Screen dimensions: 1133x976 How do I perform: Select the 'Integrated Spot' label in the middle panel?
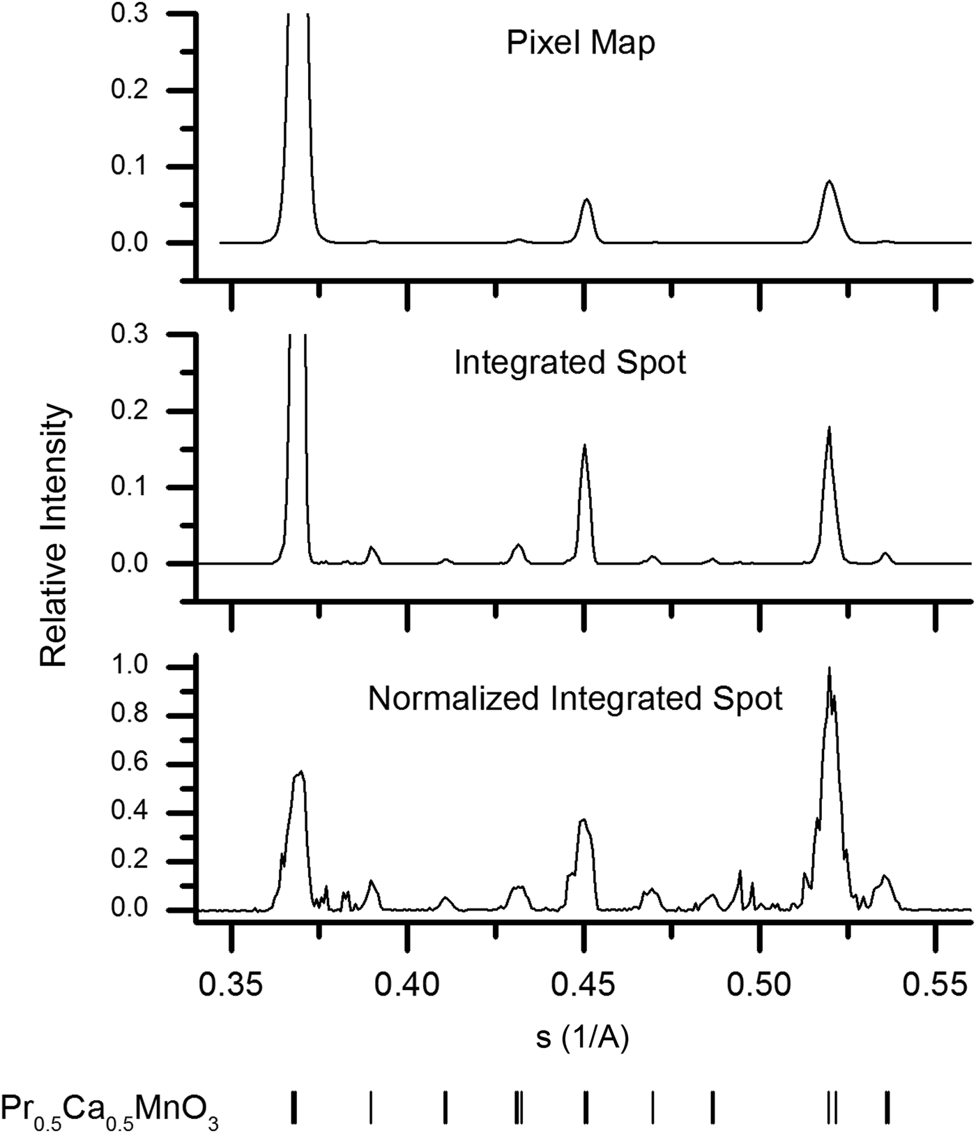(570, 363)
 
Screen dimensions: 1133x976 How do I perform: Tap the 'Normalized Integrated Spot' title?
(575, 698)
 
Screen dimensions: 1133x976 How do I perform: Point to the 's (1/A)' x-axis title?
(583, 1038)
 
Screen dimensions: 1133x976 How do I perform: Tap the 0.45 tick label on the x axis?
(584, 984)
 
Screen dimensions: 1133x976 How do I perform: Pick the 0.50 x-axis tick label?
(760, 984)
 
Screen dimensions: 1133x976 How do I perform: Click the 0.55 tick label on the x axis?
(936, 984)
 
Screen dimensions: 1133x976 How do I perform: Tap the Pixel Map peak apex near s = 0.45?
(586, 199)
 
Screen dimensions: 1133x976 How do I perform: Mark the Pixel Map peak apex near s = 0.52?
(829, 181)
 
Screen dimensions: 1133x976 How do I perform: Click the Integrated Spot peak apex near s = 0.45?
(584, 445)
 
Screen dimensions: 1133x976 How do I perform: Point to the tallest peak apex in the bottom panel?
(829, 668)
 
